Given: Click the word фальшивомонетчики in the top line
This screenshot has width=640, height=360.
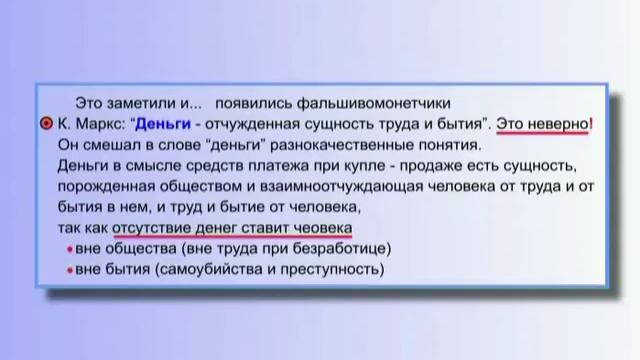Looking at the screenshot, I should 382,102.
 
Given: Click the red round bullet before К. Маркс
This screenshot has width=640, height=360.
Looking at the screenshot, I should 46,124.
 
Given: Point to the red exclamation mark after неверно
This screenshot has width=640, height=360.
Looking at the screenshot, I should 590,124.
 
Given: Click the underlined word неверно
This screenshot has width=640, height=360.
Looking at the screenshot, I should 557,124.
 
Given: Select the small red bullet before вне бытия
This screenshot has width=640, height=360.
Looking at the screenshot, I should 68,270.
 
